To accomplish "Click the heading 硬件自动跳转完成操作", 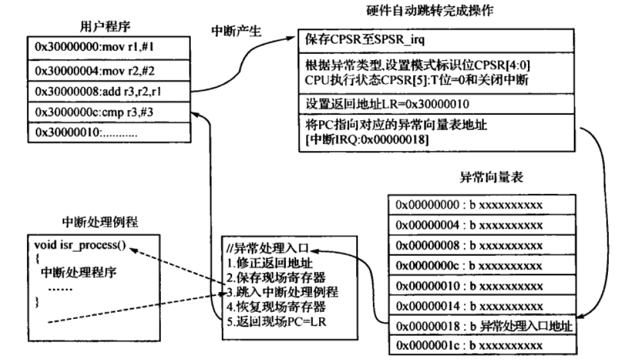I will click(x=438, y=10).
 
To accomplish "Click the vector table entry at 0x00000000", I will click(x=469, y=204).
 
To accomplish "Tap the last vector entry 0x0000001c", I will click(x=469, y=345).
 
